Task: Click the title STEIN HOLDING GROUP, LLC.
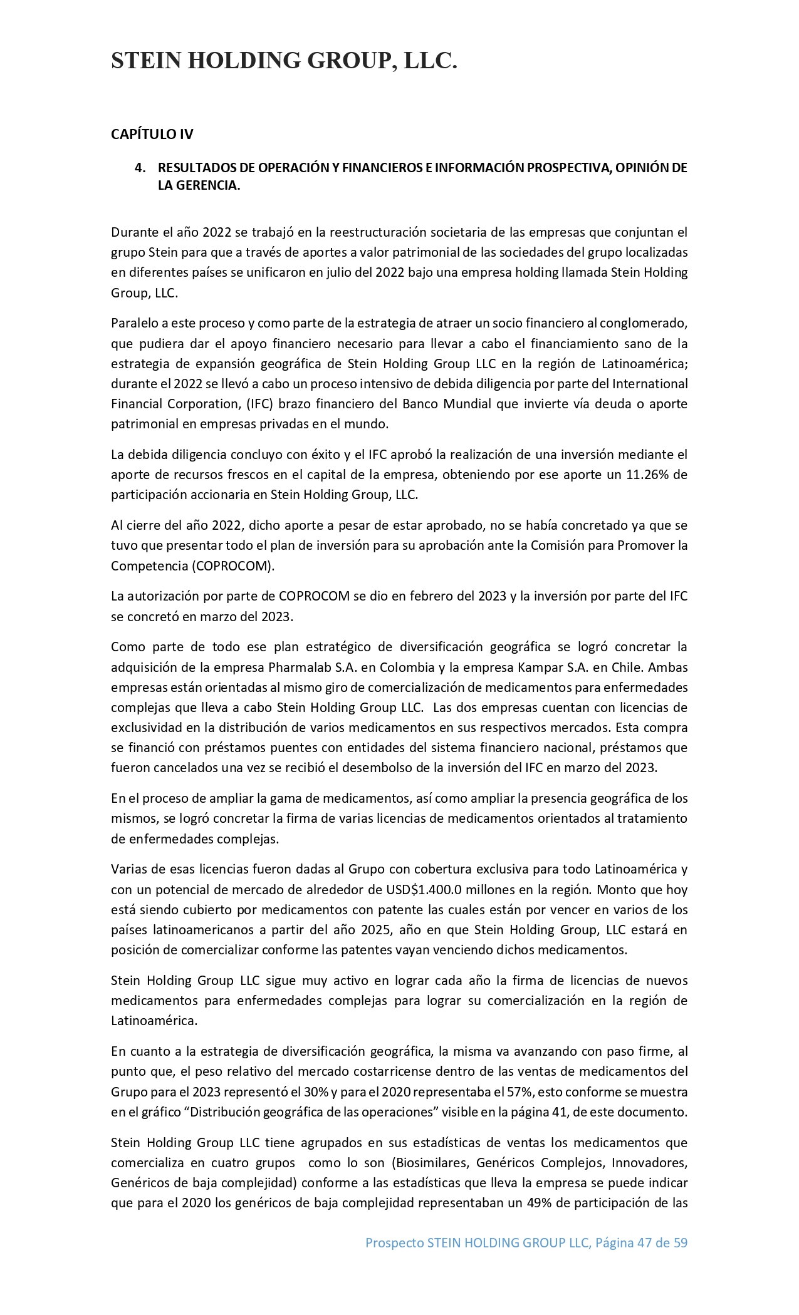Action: click(284, 61)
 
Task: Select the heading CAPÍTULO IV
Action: click(152, 134)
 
